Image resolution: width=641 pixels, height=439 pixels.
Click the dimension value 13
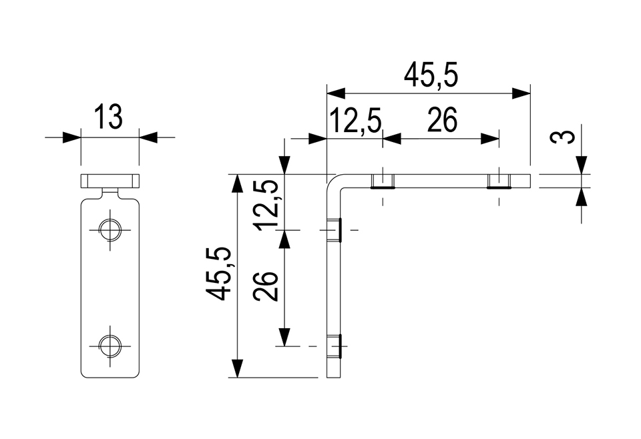pyautogui.click(x=109, y=117)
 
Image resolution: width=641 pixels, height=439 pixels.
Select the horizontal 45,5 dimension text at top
pyautogui.click(x=431, y=76)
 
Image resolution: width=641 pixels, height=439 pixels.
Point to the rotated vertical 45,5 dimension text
pyautogui.click(x=222, y=273)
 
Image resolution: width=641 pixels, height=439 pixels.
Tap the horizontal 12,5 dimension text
pyautogui.click(x=355, y=122)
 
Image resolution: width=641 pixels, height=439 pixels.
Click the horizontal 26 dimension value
pyautogui.click(x=442, y=122)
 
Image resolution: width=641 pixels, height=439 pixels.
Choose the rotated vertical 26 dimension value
pyautogui.click(x=268, y=287)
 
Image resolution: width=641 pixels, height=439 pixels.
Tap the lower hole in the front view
pyautogui.click(x=110, y=346)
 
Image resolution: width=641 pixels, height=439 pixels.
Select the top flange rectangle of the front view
pyautogui.click(x=110, y=181)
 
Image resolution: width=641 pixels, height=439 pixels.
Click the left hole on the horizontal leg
pyautogui.click(x=383, y=181)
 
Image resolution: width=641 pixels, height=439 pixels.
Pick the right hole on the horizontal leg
pyautogui.click(x=499, y=181)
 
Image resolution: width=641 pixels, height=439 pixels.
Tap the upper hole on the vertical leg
pyautogui.click(x=335, y=230)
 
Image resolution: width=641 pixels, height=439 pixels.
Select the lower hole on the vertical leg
pyautogui.click(x=335, y=346)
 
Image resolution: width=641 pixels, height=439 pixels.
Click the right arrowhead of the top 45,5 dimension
pyautogui.click(x=521, y=93)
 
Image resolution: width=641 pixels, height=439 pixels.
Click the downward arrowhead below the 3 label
pyautogui.click(x=582, y=165)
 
